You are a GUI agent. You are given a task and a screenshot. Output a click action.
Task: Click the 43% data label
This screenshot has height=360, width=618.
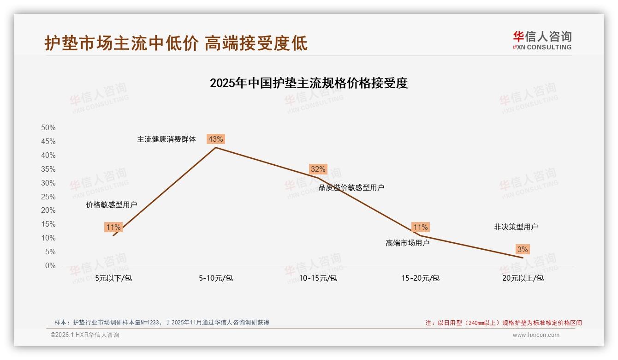pyautogui.click(x=216, y=139)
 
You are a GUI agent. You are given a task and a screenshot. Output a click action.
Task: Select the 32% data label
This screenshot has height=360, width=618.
pyautogui.click(x=318, y=169)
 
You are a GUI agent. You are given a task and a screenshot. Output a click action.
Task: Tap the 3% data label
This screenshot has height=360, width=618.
pyautogui.click(x=523, y=249)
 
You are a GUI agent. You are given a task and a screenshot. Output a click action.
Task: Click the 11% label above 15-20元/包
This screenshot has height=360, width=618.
pyautogui.click(x=420, y=227)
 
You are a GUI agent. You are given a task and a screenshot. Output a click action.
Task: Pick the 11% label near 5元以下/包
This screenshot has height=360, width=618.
pyautogui.click(x=113, y=227)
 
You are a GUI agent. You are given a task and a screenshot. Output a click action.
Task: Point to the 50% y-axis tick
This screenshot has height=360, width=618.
pyautogui.click(x=48, y=127)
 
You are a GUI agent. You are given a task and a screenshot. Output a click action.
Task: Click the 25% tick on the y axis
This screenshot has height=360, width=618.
pyautogui.click(x=48, y=197)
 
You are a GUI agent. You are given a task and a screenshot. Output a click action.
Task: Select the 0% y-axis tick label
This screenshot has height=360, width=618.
pyautogui.click(x=50, y=266)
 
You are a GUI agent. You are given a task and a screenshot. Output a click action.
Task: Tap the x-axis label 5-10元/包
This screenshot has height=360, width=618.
pyautogui.click(x=216, y=278)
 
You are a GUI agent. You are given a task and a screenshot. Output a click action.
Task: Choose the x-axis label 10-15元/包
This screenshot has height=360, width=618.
pyautogui.click(x=318, y=278)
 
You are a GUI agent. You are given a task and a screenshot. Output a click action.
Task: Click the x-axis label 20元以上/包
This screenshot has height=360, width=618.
pyautogui.click(x=523, y=278)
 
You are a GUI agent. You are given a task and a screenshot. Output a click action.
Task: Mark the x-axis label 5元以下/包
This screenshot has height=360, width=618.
pyautogui.click(x=113, y=278)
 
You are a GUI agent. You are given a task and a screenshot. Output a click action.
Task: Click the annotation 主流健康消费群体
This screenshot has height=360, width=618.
pyautogui.click(x=166, y=139)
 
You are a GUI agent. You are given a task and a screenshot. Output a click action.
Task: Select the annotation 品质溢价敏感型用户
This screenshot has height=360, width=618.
pyautogui.click(x=351, y=187)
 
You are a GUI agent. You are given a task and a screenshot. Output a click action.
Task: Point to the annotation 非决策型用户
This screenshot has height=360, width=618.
pyautogui.click(x=516, y=227)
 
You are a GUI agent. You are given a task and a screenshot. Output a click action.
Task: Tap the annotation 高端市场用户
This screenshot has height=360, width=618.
pyautogui.click(x=408, y=243)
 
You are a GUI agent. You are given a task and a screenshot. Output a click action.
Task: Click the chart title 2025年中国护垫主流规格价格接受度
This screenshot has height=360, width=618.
pyautogui.click(x=309, y=83)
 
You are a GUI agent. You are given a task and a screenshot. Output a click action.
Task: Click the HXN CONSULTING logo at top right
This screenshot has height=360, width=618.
pyautogui.click(x=542, y=40)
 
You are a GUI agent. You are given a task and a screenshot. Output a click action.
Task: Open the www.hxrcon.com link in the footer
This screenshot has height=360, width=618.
pyautogui.click(x=536, y=335)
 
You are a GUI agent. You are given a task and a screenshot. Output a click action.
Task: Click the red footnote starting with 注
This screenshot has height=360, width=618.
pyautogui.click(x=503, y=323)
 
